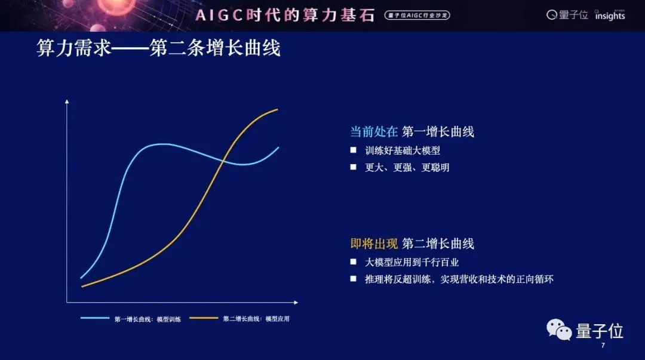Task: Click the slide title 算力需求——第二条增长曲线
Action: [158, 48]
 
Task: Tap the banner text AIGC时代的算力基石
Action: [285, 15]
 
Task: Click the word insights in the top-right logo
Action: [610, 16]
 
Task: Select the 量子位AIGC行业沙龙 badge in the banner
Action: [417, 15]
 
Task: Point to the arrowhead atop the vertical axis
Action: [67, 101]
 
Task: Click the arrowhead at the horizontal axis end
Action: [296, 303]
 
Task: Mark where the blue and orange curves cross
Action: [223, 160]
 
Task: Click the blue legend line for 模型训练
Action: [95, 318]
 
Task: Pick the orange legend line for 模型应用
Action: [204, 318]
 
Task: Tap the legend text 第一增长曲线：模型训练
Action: [148, 319]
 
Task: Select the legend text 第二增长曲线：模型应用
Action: [256, 319]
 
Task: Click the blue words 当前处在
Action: [374, 132]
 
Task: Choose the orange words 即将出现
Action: [374, 244]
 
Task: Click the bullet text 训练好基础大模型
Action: [403, 150]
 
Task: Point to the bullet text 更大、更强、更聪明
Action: [407, 167]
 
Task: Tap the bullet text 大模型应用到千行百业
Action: [411, 262]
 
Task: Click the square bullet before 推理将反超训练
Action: [353, 279]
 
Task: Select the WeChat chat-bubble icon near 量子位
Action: [559, 330]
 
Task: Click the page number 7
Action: [603, 345]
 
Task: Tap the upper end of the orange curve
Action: [278, 109]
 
